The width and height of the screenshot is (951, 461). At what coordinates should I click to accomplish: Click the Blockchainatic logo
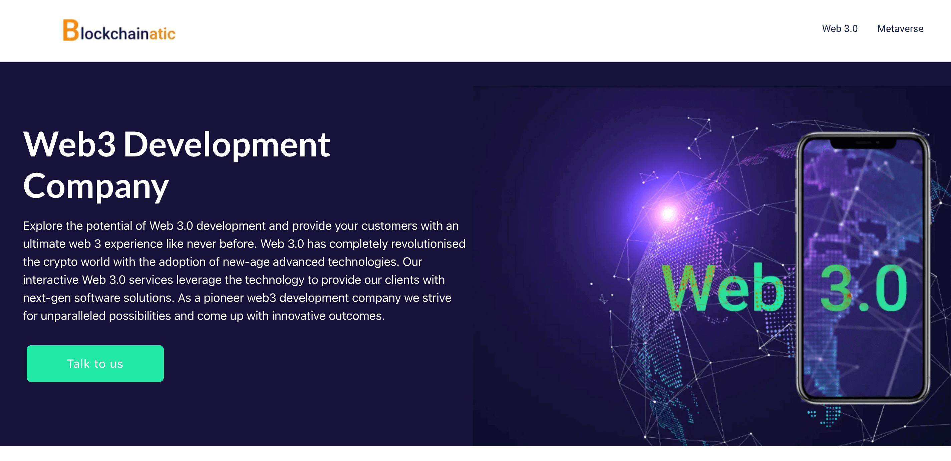[x=119, y=30]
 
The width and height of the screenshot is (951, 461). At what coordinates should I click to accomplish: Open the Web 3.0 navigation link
[x=840, y=28]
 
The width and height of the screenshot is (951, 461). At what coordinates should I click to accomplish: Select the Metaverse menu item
[x=900, y=28]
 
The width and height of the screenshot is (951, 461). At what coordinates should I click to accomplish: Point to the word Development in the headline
[x=227, y=145]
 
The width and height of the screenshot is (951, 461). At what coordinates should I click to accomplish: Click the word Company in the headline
[x=96, y=186]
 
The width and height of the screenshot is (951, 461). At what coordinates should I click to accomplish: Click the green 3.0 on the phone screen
[x=864, y=288]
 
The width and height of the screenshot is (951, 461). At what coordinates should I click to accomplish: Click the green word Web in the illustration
[x=723, y=287]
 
